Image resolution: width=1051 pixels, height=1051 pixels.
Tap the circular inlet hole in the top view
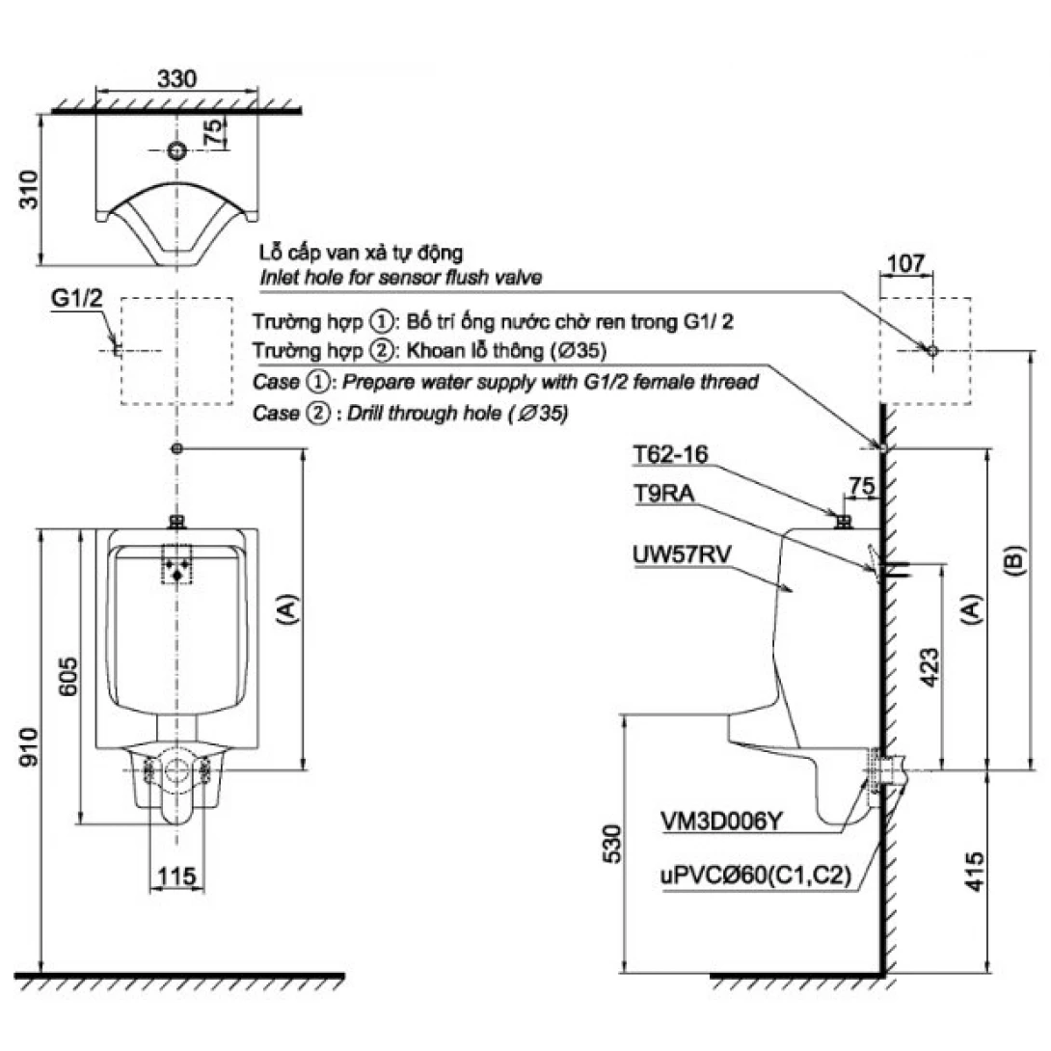pyautogui.click(x=175, y=150)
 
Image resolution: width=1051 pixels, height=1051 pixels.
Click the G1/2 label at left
pyautogui.click(x=76, y=299)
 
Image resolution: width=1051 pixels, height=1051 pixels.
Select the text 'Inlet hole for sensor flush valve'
pyautogui.click(x=399, y=278)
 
